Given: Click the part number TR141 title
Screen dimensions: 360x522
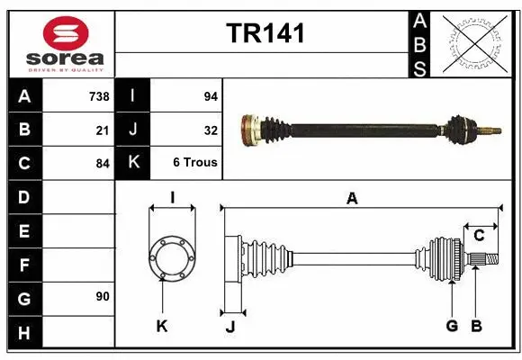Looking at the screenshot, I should click(265, 33).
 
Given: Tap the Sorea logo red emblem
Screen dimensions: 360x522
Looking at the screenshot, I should click(65, 33).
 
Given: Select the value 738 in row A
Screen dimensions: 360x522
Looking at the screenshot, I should click(98, 96).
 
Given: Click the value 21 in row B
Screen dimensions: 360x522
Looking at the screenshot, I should click(103, 130).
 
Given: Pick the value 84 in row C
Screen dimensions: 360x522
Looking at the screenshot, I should click(102, 164).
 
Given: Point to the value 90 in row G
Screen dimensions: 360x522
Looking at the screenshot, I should click(102, 296).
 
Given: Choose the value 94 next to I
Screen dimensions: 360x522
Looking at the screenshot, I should click(210, 96).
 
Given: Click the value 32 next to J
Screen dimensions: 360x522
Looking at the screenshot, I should click(211, 130).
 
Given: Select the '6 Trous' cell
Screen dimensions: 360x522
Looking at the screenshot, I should click(195, 163).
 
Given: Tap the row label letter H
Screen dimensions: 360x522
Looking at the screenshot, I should click(24, 332).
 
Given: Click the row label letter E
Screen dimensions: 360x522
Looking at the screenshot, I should click(24, 231).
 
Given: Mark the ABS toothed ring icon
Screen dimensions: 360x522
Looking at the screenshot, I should click(476, 43).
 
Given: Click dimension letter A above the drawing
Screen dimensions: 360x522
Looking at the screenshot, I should click(352, 199).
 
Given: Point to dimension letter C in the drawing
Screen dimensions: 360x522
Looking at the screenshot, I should click(479, 235).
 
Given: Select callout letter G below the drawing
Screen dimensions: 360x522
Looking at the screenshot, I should click(452, 326).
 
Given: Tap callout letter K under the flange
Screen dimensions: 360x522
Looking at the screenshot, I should click(162, 326).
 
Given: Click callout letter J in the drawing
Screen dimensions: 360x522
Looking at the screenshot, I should click(230, 326).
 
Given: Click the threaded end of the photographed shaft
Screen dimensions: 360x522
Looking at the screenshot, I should click(491, 131).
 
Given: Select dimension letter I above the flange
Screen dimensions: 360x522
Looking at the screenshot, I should click(171, 198).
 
